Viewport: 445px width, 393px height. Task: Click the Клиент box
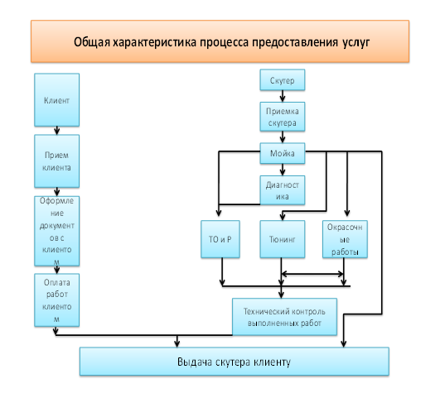tap(56, 100)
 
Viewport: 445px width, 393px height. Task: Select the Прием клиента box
tap(56, 161)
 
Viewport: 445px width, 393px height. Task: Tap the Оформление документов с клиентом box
tap(56, 231)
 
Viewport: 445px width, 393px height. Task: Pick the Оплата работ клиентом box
tap(56, 300)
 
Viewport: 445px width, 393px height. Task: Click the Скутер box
tap(283, 80)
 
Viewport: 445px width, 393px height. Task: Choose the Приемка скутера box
tap(283, 117)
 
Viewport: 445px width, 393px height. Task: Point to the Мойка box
tap(283, 153)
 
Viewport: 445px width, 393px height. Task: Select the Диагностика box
tap(283, 190)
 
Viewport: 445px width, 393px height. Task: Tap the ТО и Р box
tap(220, 239)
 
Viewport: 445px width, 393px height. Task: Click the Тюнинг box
tap(283, 239)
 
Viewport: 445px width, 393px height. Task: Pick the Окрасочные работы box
tap(345, 239)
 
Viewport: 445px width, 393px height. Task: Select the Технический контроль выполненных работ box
tap(285, 317)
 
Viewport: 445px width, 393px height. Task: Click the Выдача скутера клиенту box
tap(235, 362)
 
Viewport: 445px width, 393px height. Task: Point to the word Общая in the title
tap(92, 42)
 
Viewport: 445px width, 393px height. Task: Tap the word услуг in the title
tap(356, 42)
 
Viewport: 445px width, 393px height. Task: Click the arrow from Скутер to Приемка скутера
tap(283, 96)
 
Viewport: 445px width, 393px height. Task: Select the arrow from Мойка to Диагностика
tap(283, 170)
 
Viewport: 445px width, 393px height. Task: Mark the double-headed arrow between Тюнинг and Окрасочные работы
tap(312, 274)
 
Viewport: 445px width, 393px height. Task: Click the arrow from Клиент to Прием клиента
tap(56, 131)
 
